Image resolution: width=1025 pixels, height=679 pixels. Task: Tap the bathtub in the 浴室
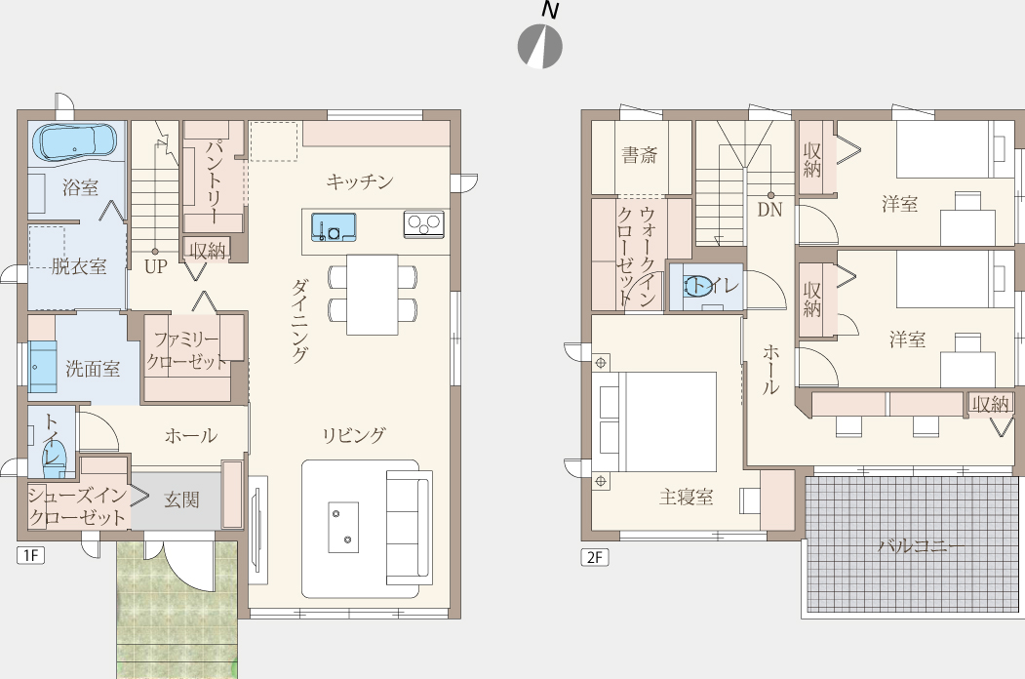[74, 141]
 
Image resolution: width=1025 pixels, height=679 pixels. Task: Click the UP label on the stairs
[156, 266]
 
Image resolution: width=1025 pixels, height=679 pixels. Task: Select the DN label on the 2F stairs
[770, 210]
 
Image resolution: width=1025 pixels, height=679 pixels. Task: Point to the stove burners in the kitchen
[423, 224]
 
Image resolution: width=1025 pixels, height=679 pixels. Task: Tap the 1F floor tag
[31, 555]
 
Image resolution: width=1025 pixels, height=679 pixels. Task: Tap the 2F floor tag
[595, 557]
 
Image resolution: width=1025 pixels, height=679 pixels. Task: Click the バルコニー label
[912, 545]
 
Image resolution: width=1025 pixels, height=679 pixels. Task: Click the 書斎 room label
[640, 155]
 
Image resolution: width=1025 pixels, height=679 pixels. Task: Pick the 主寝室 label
[686, 498]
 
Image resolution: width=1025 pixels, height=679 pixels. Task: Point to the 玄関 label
[181, 500]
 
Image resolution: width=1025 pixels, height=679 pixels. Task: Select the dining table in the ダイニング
[372, 295]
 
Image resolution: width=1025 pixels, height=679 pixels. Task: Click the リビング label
[354, 435]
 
